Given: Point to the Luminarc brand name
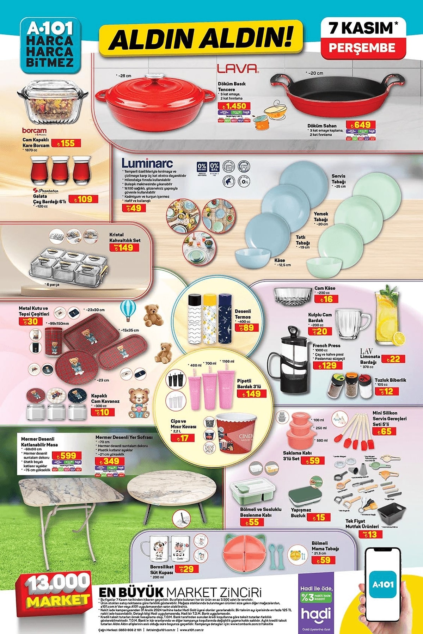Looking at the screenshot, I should (147, 163).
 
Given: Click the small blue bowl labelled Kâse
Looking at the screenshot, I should (253, 258).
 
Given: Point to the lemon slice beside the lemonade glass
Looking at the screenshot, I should (399, 339).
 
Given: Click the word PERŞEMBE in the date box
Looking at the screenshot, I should (362, 48).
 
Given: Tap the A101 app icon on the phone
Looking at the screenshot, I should (383, 584).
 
